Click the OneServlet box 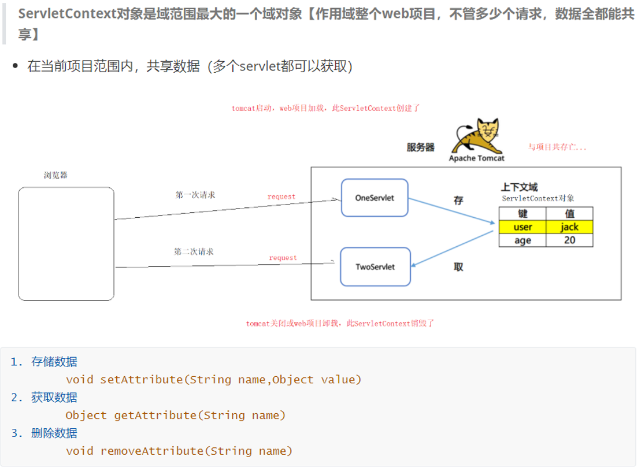(375, 198)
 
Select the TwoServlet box (375, 266)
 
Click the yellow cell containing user (523, 227)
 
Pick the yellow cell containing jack (569, 227)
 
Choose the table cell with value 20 (569, 240)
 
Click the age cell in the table (523, 240)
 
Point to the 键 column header (523, 214)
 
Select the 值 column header (569, 214)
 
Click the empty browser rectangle (66, 243)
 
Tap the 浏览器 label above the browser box (55, 175)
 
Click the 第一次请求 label (195, 195)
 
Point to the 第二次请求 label (194, 252)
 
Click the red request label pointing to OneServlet (281, 197)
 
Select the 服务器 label (420, 147)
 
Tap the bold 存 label (458, 201)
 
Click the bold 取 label (458, 267)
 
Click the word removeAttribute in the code (153, 451)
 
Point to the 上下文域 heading (519, 187)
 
